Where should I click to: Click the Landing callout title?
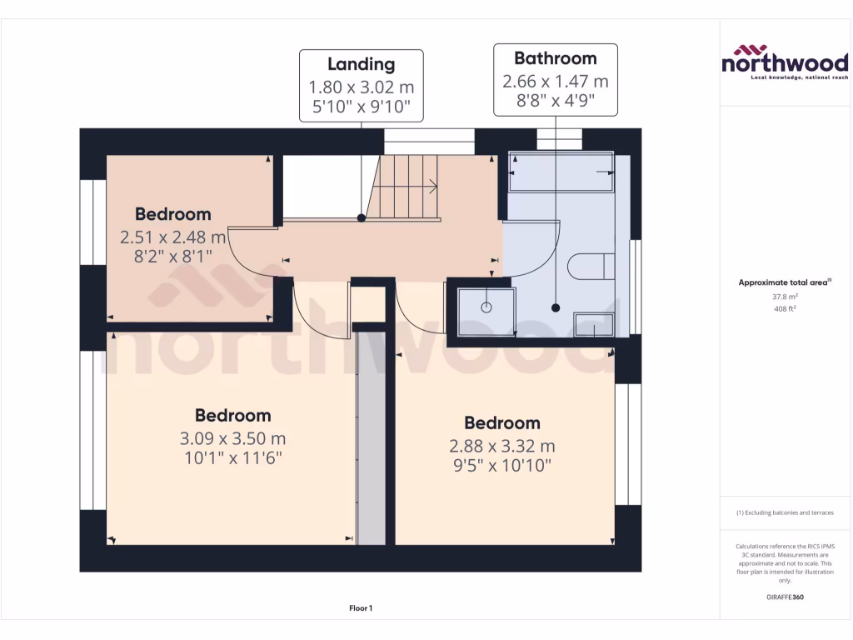point(361,64)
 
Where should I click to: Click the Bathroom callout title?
point(555,58)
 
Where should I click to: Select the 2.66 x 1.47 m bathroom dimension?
point(555,82)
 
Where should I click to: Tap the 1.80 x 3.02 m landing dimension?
point(361,87)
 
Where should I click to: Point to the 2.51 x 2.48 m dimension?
point(173,237)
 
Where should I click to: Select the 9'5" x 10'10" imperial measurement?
point(501,466)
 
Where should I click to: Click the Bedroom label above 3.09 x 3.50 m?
point(232,415)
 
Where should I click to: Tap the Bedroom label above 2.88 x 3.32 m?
point(501,423)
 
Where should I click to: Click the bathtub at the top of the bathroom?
point(561,172)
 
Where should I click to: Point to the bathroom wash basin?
point(595,326)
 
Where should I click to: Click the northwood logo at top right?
point(784,61)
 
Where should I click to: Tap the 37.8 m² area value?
point(784,296)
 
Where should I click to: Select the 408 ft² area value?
point(784,308)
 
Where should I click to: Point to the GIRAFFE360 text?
point(784,597)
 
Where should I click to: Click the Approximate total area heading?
point(784,282)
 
